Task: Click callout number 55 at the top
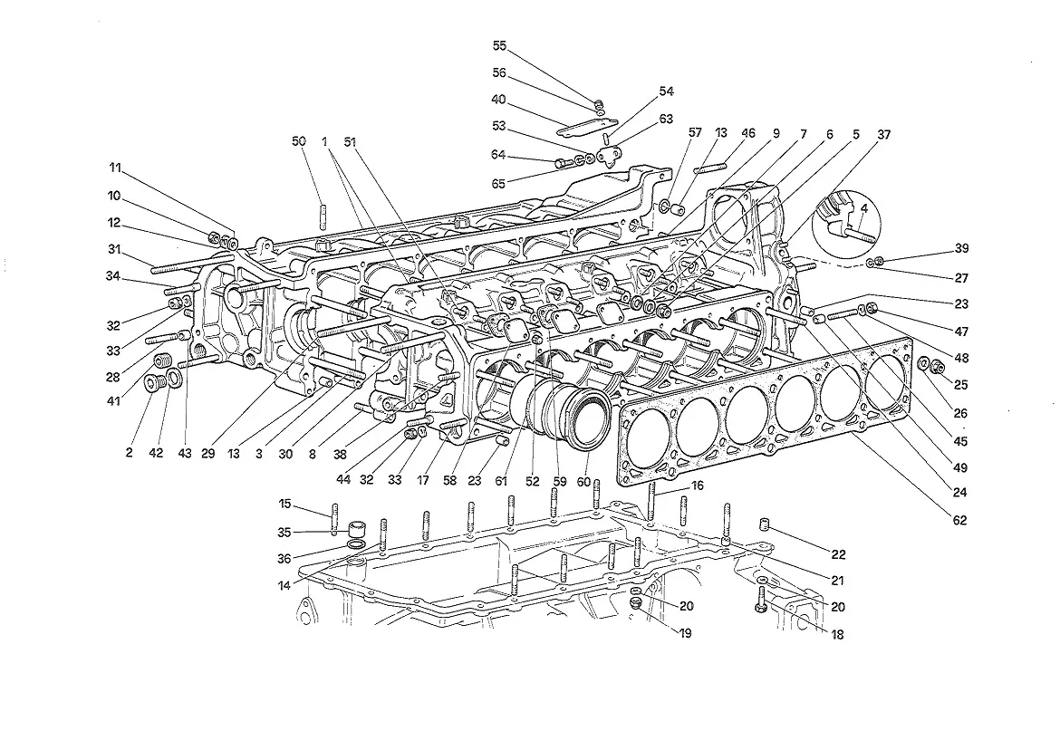click(499, 46)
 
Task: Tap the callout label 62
click(960, 520)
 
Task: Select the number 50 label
click(299, 141)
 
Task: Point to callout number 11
click(115, 168)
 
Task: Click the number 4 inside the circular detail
click(864, 208)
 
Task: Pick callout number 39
click(962, 248)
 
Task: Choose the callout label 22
click(838, 554)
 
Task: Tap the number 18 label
click(837, 634)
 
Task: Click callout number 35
click(284, 533)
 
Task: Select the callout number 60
click(583, 482)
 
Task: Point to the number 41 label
click(113, 401)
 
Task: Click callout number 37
click(883, 134)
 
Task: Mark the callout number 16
click(697, 486)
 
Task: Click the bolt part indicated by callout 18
click(760, 600)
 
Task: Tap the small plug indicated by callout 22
click(766, 524)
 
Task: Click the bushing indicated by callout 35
click(356, 530)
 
